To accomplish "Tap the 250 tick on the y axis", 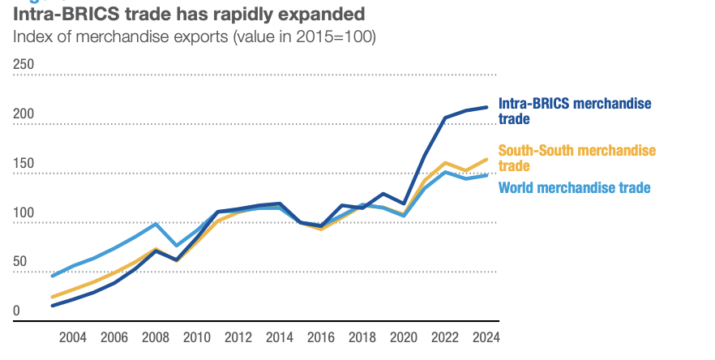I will point(24,65).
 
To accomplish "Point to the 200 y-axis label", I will point(24,114).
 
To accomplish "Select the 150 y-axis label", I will point(24,164).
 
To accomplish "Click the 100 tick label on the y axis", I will point(24,213).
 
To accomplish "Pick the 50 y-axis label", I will point(21,263).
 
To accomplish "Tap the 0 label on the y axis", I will point(17,311).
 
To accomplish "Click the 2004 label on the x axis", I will point(73,337).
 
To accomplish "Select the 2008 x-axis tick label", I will point(156,337).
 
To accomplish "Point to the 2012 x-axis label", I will point(238,337).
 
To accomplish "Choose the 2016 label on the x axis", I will point(321,337).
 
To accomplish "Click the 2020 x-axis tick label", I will point(404,337).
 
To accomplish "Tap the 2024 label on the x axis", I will point(486,337).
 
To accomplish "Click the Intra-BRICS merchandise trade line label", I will point(574,111).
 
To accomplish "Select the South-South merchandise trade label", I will point(576,158).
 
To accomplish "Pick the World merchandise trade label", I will point(574,188).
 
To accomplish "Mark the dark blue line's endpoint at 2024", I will point(486,107).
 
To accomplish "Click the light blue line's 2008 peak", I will point(156,224).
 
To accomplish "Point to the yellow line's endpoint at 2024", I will point(486,159).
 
